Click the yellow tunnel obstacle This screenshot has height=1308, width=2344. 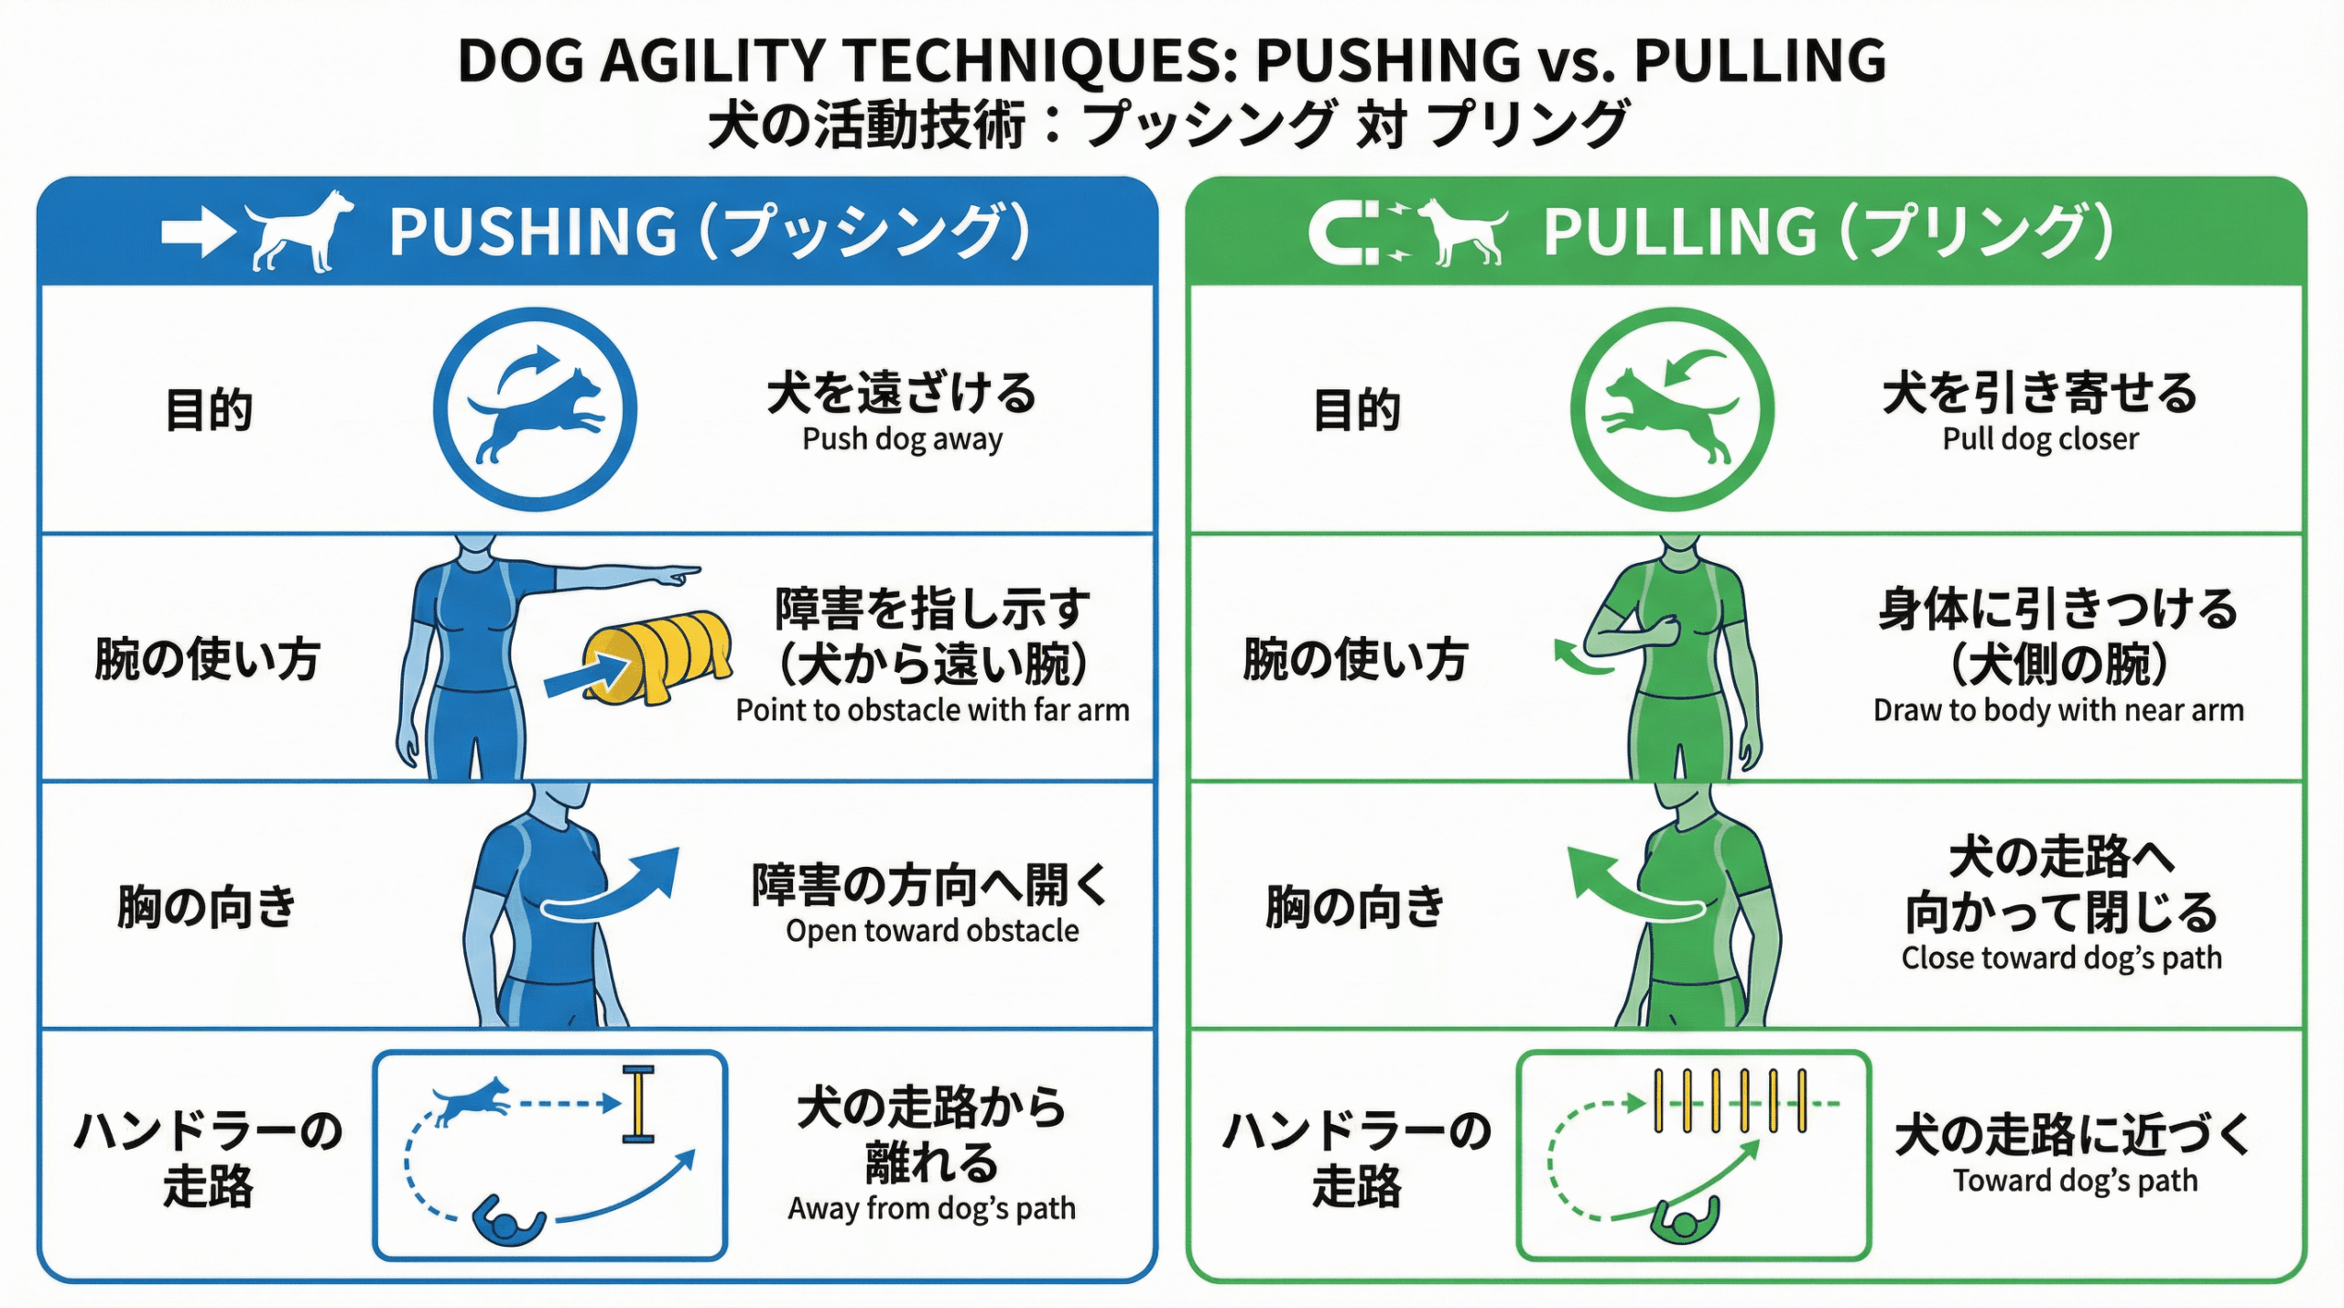pos(657,656)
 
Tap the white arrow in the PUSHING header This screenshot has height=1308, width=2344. pos(198,232)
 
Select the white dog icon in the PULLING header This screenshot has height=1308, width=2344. pos(1462,231)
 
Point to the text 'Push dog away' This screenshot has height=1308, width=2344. pos(902,439)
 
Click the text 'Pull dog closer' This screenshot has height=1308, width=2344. pos(2040,439)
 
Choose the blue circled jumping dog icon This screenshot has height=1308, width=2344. pos(536,409)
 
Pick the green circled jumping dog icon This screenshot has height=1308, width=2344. pos(1672,409)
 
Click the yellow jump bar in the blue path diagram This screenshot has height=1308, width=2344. pos(638,1104)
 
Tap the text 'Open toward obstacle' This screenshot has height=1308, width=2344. pos(932,931)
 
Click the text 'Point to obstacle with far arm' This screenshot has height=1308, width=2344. pos(932,710)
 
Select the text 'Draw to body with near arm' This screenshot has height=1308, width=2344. pos(2058,710)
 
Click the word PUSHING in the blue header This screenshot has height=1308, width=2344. pos(532,232)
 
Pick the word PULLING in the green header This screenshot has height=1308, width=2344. pos(1679,232)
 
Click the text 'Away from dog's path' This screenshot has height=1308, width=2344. pos(931,1209)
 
